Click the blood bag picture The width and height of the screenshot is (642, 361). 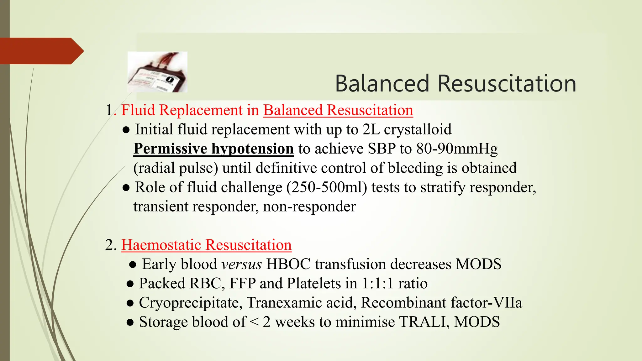(x=157, y=72)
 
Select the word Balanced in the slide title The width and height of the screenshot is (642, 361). (x=382, y=84)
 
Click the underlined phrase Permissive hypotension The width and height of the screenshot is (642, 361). (x=213, y=149)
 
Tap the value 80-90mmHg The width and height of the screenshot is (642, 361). (x=457, y=149)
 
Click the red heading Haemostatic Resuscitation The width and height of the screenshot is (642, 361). (x=206, y=245)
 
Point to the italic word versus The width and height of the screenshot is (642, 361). (x=241, y=264)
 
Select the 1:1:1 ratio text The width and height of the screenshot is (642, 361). (x=394, y=284)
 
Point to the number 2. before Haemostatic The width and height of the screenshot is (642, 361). (x=111, y=245)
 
